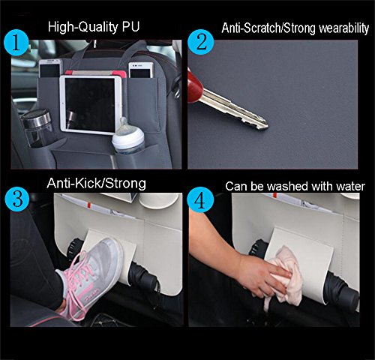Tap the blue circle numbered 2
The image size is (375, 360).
(201, 42)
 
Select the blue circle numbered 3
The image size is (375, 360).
(17, 199)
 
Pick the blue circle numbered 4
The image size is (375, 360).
(200, 199)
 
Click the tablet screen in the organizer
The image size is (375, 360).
(90, 105)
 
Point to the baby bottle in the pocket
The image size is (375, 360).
(127, 137)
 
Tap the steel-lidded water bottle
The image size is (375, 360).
(39, 127)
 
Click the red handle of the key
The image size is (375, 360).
(195, 85)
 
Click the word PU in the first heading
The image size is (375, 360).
(130, 26)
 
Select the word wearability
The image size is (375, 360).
(343, 28)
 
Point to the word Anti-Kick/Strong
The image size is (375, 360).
(96, 183)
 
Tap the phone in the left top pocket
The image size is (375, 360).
(50, 68)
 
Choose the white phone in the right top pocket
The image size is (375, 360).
(141, 70)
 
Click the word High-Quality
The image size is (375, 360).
(83, 27)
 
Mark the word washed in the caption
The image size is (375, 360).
(286, 187)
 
